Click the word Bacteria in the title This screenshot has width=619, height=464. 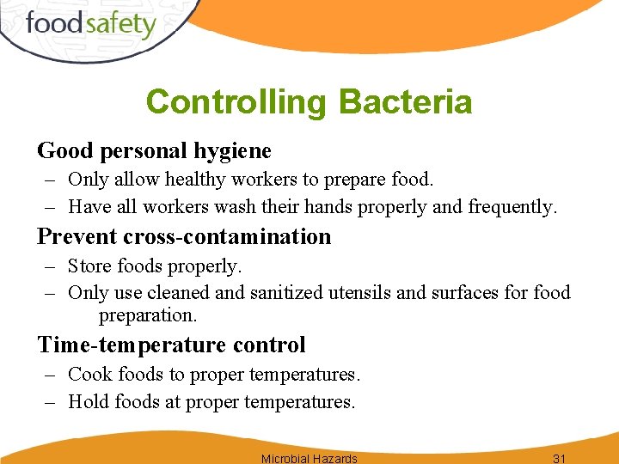click(x=405, y=102)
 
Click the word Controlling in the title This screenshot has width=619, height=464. click(x=236, y=102)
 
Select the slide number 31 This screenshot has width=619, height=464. click(x=560, y=458)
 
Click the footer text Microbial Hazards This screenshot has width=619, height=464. click(x=309, y=458)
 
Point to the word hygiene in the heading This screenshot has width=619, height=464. click(x=233, y=151)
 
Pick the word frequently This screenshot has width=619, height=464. click(x=512, y=207)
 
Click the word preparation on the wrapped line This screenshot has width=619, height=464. click(x=148, y=316)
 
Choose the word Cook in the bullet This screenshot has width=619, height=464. click(x=89, y=375)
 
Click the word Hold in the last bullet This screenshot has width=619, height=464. click(x=89, y=401)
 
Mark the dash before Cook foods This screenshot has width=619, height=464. click(x=52, y=375)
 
